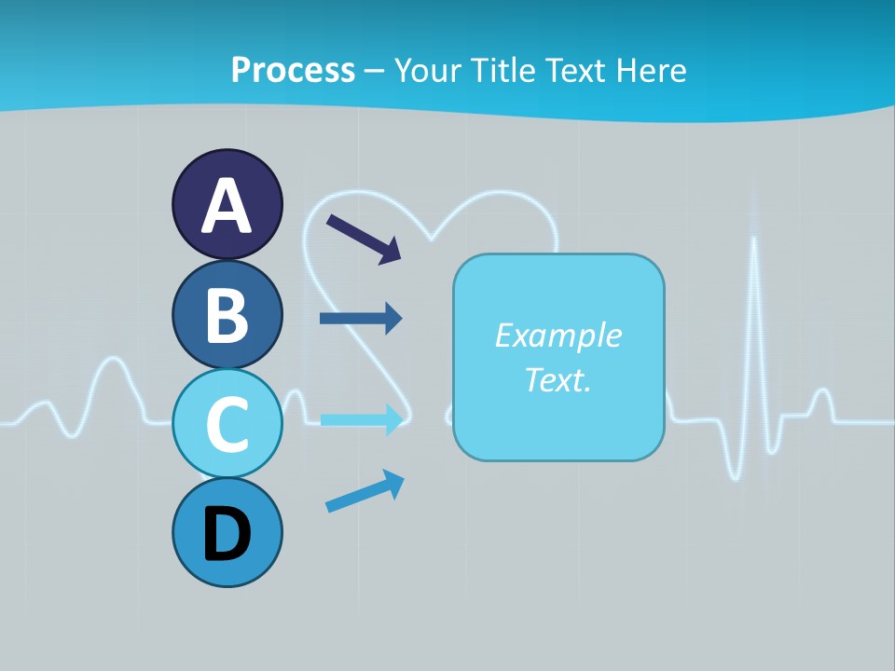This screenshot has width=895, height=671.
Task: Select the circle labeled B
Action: click(x=227, y=314)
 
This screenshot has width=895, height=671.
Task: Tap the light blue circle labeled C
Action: click(x=227, y=423)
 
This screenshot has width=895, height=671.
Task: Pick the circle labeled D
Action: click(x=227, y=532)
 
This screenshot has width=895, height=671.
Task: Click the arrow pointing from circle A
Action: click(x=364, y=239)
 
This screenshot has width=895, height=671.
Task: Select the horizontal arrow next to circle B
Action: click(x=361, y=319)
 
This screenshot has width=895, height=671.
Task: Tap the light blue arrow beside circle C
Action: click(x=362, y=420)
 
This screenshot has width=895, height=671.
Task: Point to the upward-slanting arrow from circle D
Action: click(x=365, y=491)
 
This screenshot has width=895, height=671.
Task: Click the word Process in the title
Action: click(x=293, y=70)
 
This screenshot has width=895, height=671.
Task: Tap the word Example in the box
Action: click(x=558, y=335)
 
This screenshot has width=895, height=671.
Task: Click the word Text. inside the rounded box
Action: click(x=558, y=379)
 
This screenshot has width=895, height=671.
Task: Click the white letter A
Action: click(x=227, y=206)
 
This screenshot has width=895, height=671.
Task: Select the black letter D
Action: click(x=227, y=534)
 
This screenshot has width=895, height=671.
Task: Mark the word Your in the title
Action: click(x=428, y=70)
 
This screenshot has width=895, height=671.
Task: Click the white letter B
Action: click(x=227, y=315)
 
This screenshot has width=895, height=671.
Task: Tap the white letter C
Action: click(x=227, y=424)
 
